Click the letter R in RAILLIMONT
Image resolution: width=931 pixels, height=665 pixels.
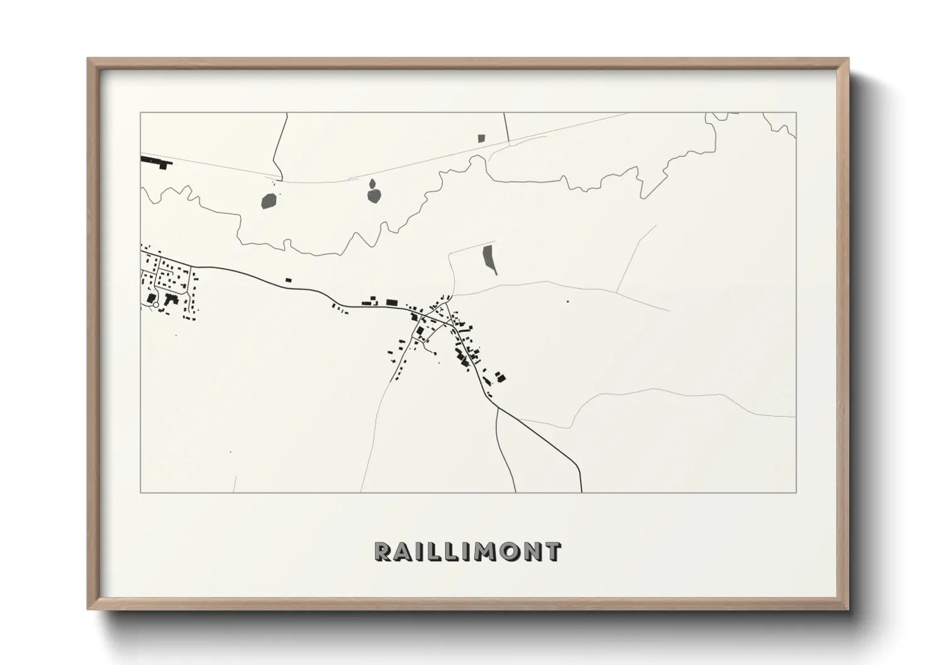click(384, 551)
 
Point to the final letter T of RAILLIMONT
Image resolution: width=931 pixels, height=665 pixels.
click(552, 551)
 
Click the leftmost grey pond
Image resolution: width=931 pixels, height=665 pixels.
click(269, 201)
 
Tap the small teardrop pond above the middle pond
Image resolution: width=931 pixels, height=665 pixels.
click(372, 183)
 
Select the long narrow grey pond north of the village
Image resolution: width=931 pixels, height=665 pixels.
click(489, 260)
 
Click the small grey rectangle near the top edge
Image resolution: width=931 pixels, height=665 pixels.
click(482, 138)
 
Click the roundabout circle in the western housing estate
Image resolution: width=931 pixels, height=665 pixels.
click(155, 305)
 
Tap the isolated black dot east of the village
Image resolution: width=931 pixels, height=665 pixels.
click(567, 302)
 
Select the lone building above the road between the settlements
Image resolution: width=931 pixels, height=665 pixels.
click(289, 280)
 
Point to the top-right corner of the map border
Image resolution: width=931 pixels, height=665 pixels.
click(796, 113)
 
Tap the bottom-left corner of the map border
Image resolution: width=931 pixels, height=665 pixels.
click(140, 492)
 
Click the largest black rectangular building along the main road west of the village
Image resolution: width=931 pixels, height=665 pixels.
click(392, 302)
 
